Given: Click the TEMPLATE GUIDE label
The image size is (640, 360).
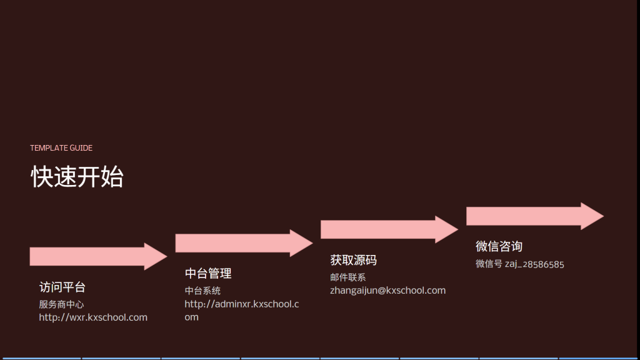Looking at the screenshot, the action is (61, 147).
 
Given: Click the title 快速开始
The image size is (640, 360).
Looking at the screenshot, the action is (77, 177).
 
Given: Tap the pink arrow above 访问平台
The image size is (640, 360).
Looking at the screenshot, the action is (98, 257).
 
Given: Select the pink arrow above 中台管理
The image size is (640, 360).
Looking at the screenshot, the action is (244, 243).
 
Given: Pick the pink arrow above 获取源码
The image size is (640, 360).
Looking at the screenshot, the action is (389, 229).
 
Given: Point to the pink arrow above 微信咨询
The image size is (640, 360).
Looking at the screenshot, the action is (535, 216).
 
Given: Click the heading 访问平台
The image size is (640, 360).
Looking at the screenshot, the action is (62, 287).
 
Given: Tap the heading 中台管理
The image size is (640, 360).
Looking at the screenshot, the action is (208, 274).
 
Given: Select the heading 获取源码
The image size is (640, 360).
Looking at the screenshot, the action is (354, 260).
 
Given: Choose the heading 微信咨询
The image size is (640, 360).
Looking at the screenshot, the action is (499, 246).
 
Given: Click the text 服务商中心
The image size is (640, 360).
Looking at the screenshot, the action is (62, 304).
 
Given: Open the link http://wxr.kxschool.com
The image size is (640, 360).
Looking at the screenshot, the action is (93, 317).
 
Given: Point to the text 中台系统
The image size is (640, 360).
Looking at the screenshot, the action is (202, 291).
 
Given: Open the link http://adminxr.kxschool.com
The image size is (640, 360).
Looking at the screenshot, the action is (242, 310).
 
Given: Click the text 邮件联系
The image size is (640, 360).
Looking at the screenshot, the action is (347, 277).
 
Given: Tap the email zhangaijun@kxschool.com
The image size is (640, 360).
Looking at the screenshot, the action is (387, 291).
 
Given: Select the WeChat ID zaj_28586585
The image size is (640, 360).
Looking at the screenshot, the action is (535, 264).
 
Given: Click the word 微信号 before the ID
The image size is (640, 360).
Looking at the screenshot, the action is (489, 264).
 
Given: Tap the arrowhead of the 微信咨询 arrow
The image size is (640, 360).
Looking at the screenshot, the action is (592, 216).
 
